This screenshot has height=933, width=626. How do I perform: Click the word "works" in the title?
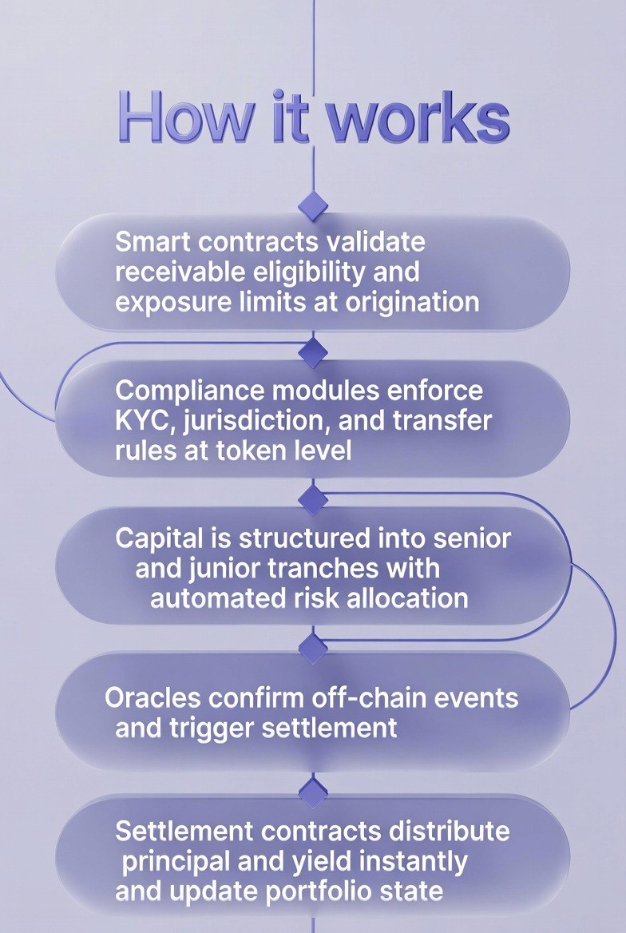pyautogui.click(x=418, y=118)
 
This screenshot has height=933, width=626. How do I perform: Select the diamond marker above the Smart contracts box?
pyautogui.click(x=313, y=205)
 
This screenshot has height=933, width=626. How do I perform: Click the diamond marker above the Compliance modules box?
pyautogui.click(x=313, y=351)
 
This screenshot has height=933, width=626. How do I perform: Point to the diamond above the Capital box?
pyautogui.click(x=313, y=500)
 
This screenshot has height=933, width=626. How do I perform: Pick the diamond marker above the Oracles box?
pyautogui.click(x=313, y=647)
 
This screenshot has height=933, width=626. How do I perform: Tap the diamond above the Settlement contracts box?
pyautogui.click(x=313, y=793)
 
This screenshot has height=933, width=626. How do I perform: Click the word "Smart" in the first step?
pyautogui.click(x=151, y=241)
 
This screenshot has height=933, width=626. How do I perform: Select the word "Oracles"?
pyautogui.click(x=153, y=697)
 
